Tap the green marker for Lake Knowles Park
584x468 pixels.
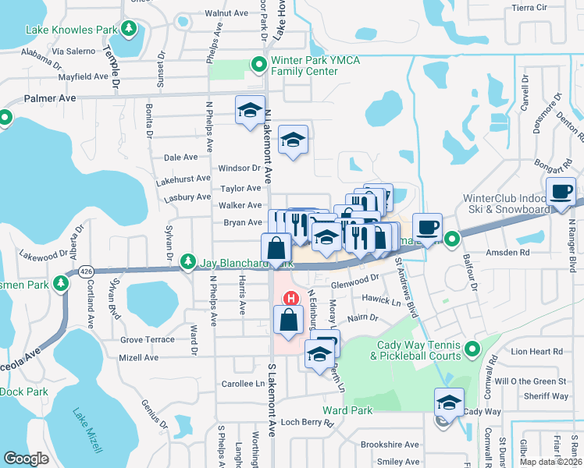[130, 30]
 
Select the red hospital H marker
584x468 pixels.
[290, 299]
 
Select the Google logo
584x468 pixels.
[26, 459]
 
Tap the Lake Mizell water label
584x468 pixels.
[87, 430]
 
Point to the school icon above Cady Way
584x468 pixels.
[449, 402]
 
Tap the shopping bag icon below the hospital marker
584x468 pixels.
[288, 319]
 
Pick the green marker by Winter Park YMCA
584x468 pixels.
[256, 64]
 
